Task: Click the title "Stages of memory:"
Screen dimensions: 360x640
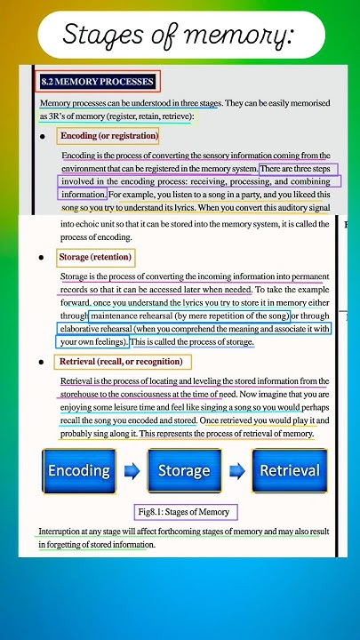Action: (x=179, y=36)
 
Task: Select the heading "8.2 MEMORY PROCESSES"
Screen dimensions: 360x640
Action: (x=98, y=83)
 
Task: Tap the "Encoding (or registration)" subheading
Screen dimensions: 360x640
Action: (x=108, y=136)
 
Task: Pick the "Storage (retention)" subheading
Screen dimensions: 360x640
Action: (x=95, y=258)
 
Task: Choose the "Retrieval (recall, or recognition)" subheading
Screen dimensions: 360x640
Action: (x=121, y=362)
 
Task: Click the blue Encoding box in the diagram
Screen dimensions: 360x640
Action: (x=79, y=470)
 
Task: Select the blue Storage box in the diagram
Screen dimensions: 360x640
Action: (x=183, y=470)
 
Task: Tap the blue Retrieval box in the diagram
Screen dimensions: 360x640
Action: (x=289, y=470)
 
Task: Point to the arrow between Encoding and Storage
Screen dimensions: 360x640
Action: (x=132, y=471)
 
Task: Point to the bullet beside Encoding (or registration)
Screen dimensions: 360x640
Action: (x=42, y=137)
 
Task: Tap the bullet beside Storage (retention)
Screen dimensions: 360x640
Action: (x=42, y=258)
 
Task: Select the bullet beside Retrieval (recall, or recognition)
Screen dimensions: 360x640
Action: (x=42, y=363)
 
